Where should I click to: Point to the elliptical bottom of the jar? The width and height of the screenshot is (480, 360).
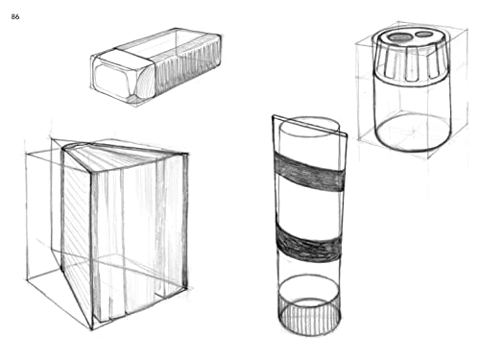coord(413,133)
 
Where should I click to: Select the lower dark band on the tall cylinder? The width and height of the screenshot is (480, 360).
coord(307,240)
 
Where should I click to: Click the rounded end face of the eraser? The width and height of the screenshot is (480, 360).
coord(122,78)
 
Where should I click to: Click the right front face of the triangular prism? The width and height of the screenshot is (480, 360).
coord(139,240)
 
